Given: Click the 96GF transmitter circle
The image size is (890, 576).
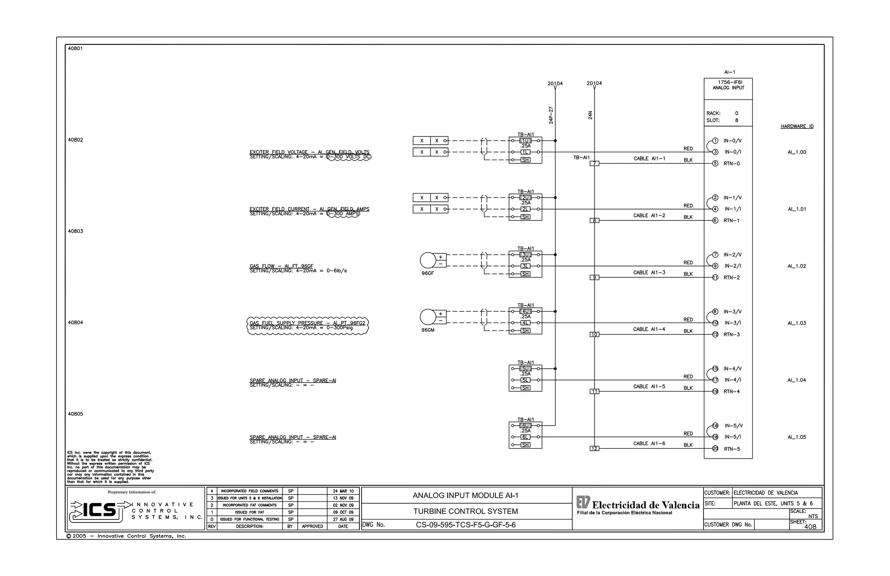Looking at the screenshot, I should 428,260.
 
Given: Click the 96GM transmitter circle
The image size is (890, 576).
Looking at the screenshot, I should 428,317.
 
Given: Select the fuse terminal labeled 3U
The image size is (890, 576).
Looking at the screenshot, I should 525,255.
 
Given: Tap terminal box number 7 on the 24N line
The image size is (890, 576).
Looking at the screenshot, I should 594,163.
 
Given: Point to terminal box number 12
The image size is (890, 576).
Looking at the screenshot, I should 594,449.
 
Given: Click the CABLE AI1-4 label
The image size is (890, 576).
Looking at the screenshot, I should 649,330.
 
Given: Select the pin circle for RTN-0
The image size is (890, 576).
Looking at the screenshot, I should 715,163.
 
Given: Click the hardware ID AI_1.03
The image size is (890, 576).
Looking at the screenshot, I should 797,323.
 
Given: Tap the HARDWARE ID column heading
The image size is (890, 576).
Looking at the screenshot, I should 797,127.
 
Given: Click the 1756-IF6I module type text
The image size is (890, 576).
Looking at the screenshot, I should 730,82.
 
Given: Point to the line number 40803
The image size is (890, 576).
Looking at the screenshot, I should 75,231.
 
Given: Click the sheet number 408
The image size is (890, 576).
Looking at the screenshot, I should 810,527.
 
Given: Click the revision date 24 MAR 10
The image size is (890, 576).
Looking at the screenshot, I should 343,491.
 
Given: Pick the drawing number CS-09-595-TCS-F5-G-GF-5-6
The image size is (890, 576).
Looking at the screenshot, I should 465,525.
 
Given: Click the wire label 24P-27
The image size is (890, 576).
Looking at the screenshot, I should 551,115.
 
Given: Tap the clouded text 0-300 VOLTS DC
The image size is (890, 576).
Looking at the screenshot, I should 349,157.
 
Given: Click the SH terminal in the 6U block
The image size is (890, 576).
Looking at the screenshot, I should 525,445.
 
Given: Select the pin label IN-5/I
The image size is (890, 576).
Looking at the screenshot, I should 733,437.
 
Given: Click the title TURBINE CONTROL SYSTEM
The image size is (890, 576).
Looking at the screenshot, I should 465,511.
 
